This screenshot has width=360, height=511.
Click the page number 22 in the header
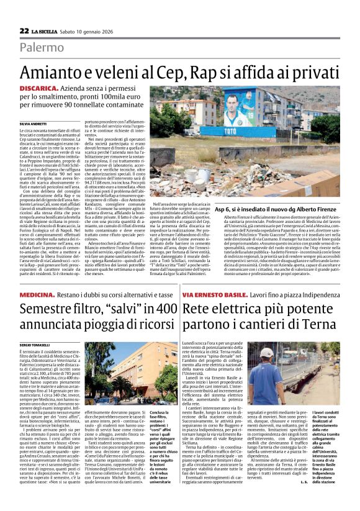tap(24, 30)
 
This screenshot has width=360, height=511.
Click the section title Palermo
tap(41, 48)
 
